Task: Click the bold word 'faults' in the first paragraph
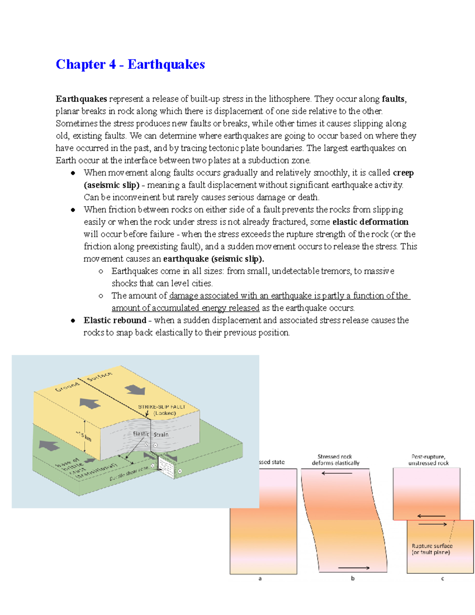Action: pos(393,99)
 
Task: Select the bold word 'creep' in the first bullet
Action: pos(403,173)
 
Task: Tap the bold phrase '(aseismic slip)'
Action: pos(112,185)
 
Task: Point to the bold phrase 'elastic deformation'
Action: pos(370,222)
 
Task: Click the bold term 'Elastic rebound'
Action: pos(115,320)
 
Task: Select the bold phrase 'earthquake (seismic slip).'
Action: pos(213,259)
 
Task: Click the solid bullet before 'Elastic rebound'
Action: pos(73,320)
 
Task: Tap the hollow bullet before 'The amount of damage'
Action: pos(101,296)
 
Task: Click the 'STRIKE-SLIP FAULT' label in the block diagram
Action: pos(161,407)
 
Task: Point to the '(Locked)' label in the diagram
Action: pos(165,413)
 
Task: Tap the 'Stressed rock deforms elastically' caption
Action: pos(335,460)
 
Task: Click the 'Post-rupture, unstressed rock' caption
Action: pos(428,460)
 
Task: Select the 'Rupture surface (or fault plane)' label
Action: pos(431,549)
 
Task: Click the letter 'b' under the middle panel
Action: pos(353,578)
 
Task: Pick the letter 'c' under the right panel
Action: pos(443,579)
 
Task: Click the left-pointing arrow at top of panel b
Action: pos(336,473)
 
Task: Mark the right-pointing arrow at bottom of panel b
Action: pos(353,568)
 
